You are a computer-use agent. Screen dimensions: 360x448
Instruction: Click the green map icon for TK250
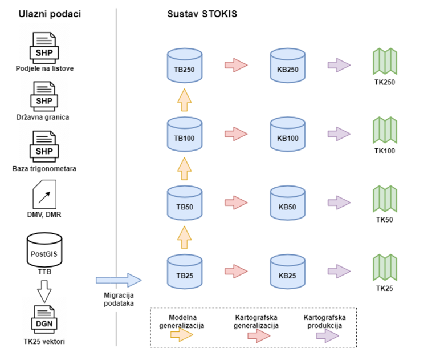pyautogui.click(x=385, y=62)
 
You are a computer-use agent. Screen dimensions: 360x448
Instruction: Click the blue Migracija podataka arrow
pyautogui.click(x=118, y=280)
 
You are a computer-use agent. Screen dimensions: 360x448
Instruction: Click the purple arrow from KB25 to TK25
pyautogui.click(x=338, y=270)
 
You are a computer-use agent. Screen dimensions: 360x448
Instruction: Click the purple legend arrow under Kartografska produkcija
pyautogui.click(x=327, y=337)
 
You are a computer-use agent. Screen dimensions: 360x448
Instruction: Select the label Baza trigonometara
pyautogui.click(x=44, y=169)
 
